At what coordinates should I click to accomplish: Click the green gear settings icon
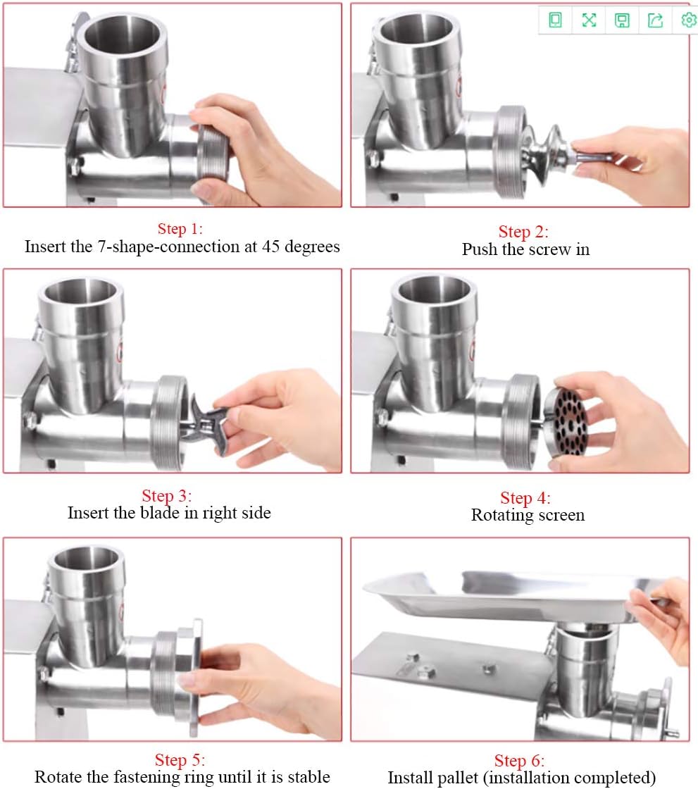tap(688, 20)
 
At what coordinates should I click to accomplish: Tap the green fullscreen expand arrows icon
tap(589, 20)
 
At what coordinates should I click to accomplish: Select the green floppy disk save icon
tap(622, 20)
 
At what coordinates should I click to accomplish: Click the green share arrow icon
tap(655, 20)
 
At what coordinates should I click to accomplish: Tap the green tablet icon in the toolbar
tap(556, 20)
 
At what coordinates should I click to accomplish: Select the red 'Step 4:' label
tap(525, 498)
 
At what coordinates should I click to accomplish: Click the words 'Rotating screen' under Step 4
tap(528, 515)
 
